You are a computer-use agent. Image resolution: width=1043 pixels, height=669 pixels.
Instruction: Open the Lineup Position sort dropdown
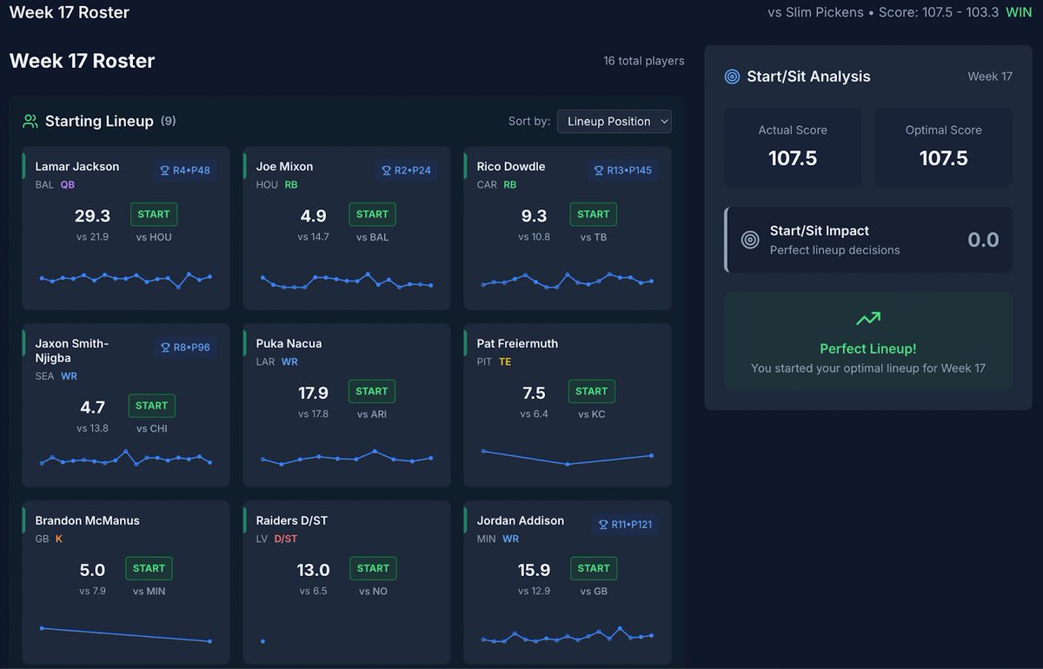tap(614, 122)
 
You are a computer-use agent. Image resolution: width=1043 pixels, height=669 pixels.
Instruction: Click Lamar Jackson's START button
tap(154, 214)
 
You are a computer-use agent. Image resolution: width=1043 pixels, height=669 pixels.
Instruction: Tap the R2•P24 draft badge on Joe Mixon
tap(406, 170)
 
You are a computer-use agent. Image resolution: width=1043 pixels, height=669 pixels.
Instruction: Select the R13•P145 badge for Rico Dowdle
tap(622, 170)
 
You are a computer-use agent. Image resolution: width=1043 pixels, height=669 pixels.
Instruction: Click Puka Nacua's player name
tap(289, 343)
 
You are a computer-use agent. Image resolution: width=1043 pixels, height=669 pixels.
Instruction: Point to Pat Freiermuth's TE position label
tap(505, 361)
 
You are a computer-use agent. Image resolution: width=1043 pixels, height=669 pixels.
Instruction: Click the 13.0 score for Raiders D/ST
tap(313, 570)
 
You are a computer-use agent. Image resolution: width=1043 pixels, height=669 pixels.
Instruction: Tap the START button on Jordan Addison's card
tap(593, 568)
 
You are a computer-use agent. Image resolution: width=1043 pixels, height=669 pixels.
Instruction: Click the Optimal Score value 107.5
tap(943, 158)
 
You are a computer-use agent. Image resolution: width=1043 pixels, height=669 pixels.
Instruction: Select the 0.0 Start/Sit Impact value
tap(983, 240)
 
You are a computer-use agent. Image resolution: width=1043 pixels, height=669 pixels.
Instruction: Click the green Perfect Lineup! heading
tap(868, 348)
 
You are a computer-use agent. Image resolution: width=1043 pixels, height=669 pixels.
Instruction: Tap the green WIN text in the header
tap(1019, 12)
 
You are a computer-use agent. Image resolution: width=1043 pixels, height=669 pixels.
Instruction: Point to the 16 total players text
tap(643, 61)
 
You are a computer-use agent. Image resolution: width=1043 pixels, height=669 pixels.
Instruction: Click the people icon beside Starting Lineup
tap(30, 122)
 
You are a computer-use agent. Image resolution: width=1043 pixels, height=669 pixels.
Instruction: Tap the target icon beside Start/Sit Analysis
tap(732, 76)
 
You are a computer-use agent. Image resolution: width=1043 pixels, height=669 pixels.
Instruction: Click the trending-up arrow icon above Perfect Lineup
tap(868, 319)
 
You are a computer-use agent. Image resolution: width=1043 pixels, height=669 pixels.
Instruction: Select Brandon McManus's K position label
tap(59, 539)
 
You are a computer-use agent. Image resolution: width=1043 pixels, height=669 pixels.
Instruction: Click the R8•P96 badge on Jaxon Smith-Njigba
tap(185, 348)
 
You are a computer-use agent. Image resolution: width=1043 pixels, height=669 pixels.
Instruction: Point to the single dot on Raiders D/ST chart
tap(262, 641)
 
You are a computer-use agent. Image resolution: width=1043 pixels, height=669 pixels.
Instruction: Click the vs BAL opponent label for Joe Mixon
tap(372, 237)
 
